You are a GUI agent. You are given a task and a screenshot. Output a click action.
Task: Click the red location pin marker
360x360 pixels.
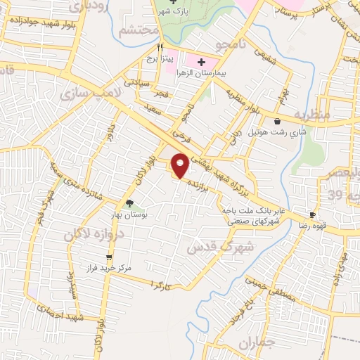point(181,165)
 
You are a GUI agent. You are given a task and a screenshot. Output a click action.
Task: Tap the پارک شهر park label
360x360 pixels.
point(175,11)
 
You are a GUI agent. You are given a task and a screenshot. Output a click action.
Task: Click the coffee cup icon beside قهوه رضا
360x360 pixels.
point(312,215)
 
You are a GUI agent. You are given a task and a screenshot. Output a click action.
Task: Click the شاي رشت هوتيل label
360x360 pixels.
point(277,131)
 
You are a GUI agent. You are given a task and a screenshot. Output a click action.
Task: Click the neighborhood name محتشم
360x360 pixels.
point(134,31)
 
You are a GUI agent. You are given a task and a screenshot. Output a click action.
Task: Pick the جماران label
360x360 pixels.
point(254,345)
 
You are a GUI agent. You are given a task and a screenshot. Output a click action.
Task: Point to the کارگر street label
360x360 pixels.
point(162,284)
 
